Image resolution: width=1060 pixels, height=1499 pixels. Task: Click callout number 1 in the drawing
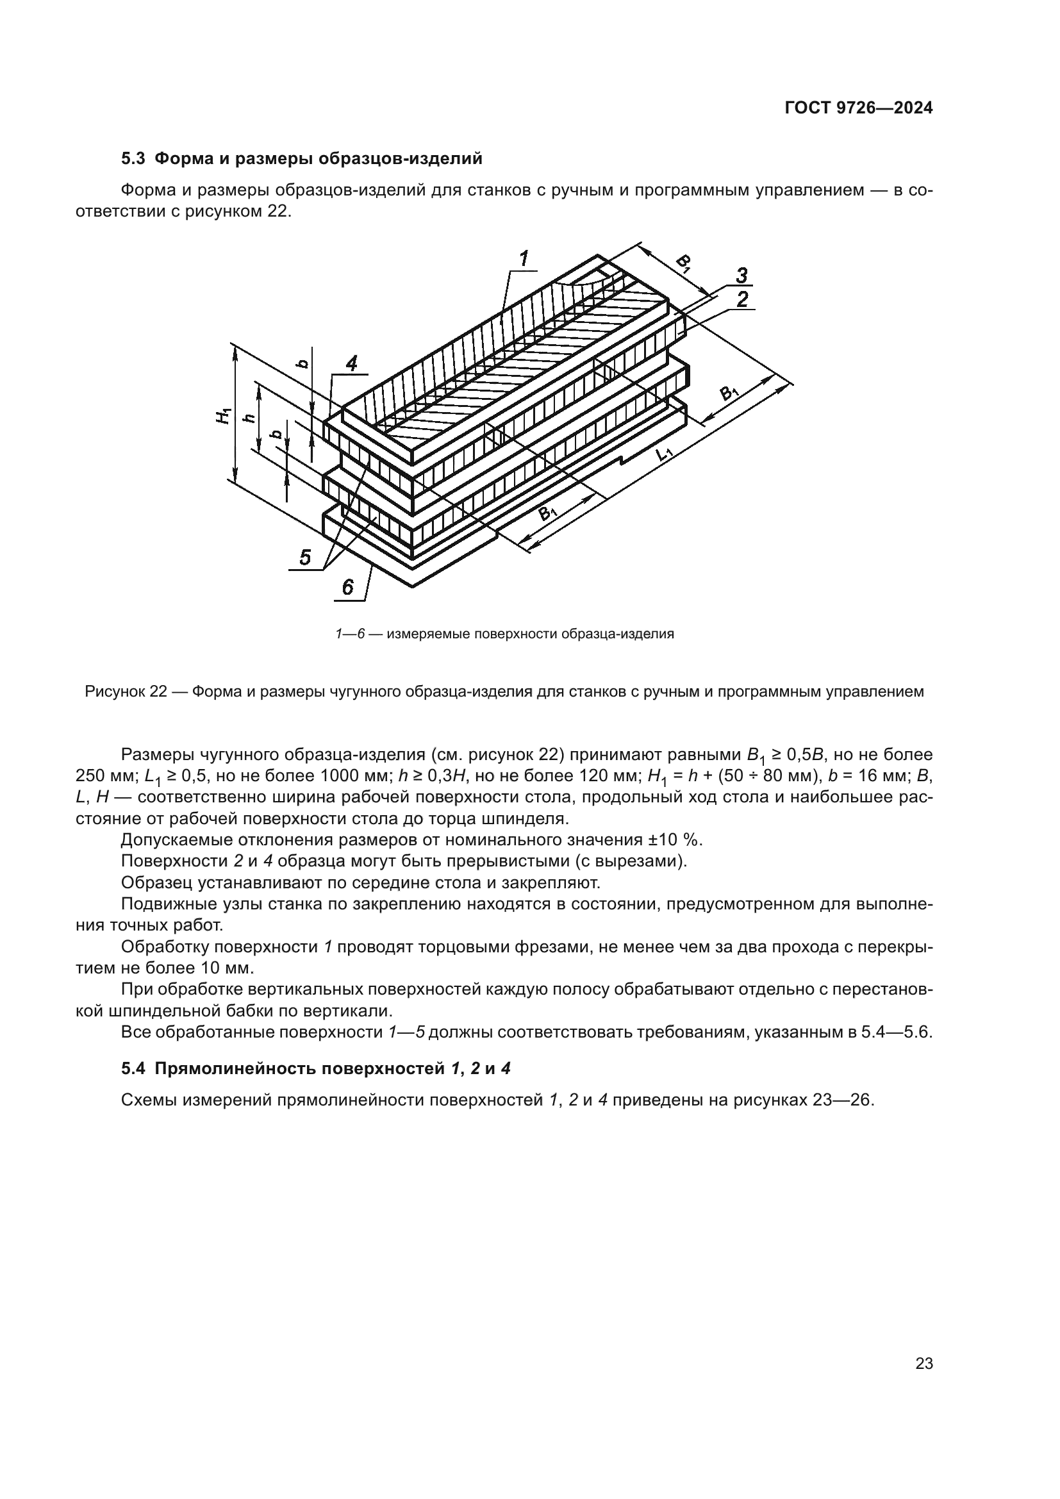tap(524, 259)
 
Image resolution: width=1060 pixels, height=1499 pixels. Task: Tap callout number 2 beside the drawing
tap(741, 300)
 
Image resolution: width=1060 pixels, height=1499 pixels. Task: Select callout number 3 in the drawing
tap(741, 276)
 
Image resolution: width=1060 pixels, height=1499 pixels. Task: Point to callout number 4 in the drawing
tap(351, 363)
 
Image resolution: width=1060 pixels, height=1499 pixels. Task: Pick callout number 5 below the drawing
tap(306, 557)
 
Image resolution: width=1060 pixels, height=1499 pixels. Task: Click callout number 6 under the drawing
tap(348, 588)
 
